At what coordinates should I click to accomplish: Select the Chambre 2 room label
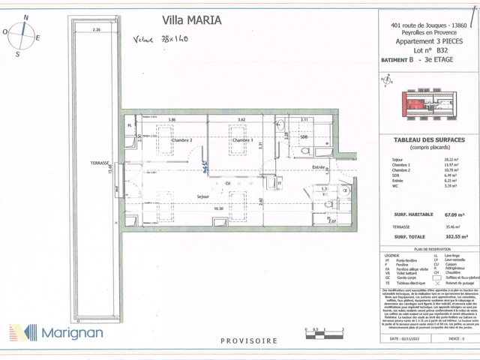[181, 140]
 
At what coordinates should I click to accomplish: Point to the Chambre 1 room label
[241, 140]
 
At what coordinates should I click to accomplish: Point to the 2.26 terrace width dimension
[96, 30]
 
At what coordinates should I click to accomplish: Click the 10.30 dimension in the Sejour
[218, 208]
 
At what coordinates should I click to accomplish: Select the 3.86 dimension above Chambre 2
[171, 119]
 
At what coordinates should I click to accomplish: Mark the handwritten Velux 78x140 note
[160, 39]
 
